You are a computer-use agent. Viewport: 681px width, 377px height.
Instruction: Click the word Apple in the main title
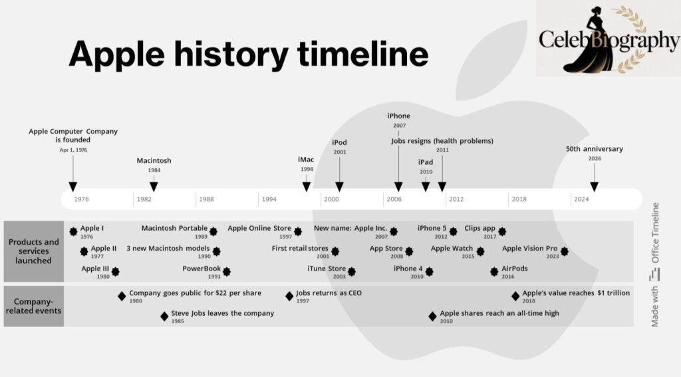[117, 55]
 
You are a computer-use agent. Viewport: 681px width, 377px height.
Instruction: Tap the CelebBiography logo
[609, 38]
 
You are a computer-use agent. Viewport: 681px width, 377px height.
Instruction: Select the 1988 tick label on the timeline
[206, 199]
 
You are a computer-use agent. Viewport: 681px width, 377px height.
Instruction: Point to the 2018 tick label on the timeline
[519, 199]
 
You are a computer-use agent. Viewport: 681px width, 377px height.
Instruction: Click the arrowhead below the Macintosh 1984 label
[154, 186]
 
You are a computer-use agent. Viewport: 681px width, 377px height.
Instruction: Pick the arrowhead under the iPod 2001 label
[340, 187]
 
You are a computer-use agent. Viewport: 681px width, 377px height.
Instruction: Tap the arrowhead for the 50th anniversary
[595, 187]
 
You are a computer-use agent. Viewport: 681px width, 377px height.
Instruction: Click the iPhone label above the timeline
[399, 116]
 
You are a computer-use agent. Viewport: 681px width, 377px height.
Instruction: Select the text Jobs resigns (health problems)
[442, 141]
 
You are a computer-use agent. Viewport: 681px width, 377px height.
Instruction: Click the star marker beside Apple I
[73, 231]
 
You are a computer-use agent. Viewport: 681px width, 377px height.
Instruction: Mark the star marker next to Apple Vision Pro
[564, 251]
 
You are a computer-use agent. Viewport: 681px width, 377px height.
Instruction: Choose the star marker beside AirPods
[494, 271]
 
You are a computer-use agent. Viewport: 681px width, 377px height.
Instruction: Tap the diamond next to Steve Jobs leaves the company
[164, 316]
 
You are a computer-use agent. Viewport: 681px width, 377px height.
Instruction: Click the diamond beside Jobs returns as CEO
[289, 297]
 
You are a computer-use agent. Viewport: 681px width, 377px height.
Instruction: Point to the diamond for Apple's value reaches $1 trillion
[515, 297]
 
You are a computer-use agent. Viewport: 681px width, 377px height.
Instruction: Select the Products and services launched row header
[33, 251]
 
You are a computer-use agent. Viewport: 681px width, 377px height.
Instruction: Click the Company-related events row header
[33, 306]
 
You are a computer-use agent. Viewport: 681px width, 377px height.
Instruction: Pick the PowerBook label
[202, 269]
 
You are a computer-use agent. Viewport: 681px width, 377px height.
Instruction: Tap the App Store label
[386, 249]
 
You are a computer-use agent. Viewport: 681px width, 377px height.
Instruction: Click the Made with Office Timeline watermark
[655, 265]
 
